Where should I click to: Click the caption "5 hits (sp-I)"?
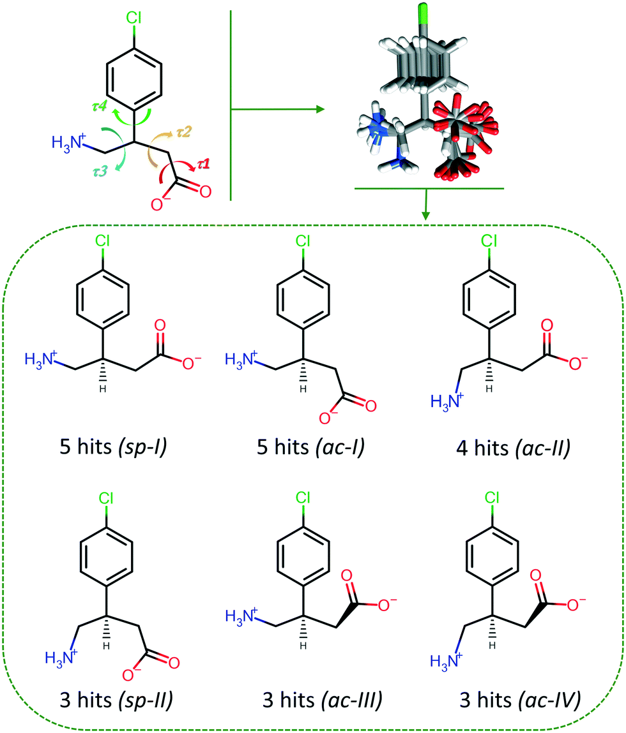pos(104,448)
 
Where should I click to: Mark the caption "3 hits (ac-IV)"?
pos(519,699)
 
